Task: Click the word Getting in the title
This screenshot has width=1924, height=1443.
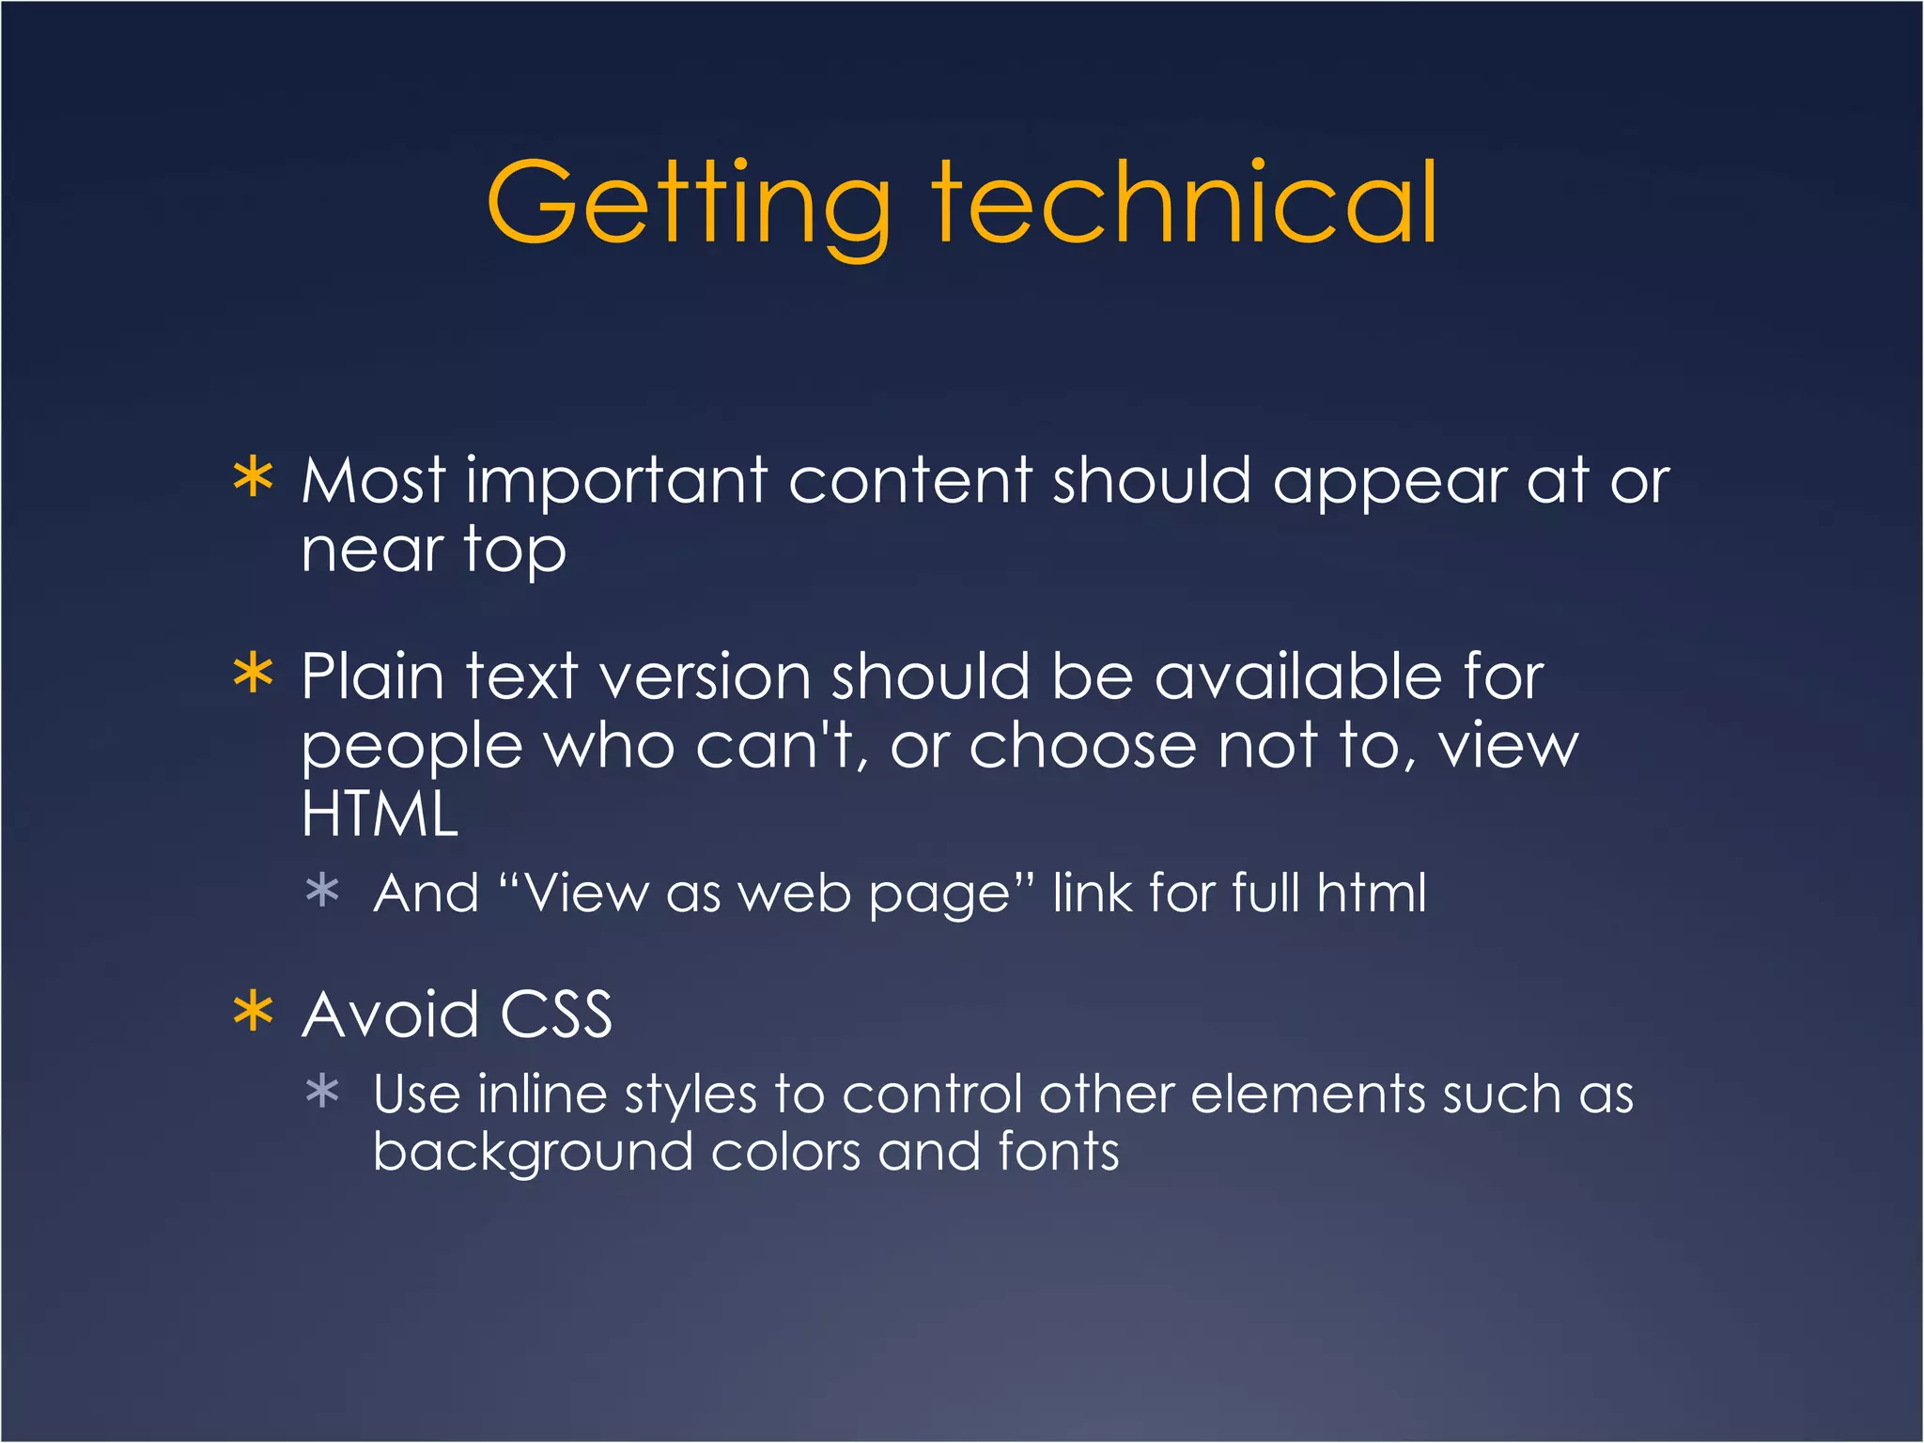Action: (x=688, y=205)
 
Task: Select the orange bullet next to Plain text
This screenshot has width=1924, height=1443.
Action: (x=253, y=674)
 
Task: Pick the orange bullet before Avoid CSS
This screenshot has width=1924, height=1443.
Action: (x=253, y=1012)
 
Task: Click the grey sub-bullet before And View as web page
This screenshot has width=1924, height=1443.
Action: (x=322, y=890)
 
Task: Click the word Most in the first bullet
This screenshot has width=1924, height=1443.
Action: (x=373, y=481)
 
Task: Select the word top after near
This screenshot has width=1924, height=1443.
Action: (x=515, y=551)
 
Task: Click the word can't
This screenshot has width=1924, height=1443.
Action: (x=776, y=746)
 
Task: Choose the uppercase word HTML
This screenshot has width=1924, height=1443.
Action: (x=380, y=814)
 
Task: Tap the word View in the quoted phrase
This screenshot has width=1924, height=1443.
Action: (x=585, y=892)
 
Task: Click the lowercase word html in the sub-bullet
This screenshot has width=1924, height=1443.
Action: (x=1371, y=892)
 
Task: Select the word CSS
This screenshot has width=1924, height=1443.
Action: (x=555, y=1015)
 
